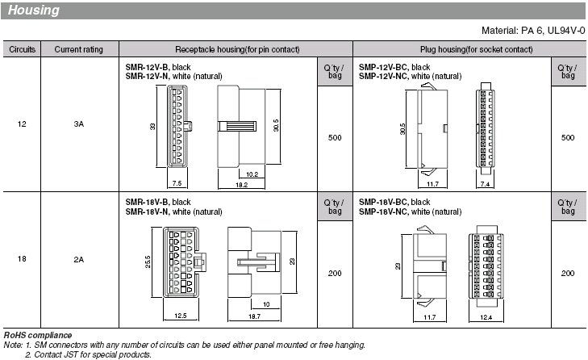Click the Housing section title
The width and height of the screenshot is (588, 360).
coord(33,10)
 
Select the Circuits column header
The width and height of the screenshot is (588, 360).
coord(22,49)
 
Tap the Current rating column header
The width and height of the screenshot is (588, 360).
coord(79,49)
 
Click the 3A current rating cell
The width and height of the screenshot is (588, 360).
coord(79,124)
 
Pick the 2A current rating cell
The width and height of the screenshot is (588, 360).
coord(79,259)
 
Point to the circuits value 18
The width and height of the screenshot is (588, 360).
coord(22,259)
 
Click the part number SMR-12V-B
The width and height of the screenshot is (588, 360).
coord(147,67)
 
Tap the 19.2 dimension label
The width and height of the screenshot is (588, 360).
coord(241,185)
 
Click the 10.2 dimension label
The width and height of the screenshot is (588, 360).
coord(252,174)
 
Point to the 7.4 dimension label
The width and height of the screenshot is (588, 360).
coord(485,184)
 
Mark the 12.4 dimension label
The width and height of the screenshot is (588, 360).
coord(486,317)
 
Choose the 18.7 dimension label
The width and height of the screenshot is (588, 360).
coord(254,316)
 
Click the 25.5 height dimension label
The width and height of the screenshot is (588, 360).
coord(148,262)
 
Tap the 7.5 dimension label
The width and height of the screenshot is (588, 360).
coord(177,183)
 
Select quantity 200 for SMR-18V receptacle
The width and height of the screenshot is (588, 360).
coord(335,274)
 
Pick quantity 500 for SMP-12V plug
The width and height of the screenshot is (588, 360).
coord(568,138)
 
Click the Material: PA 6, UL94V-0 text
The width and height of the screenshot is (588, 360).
coord(533,31)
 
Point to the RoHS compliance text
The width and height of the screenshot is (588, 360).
coord(37,335)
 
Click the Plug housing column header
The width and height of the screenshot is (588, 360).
coord(476,49)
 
